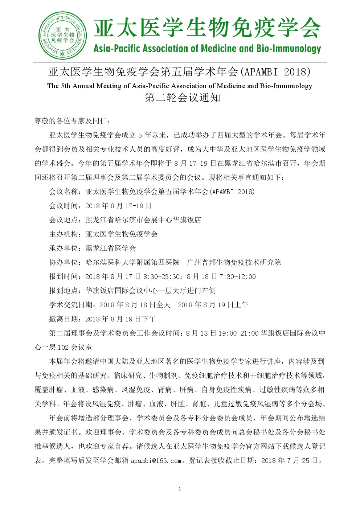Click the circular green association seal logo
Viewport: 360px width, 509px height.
click(62, 35)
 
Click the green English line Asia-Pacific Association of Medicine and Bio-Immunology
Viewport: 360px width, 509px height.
click(207, 49)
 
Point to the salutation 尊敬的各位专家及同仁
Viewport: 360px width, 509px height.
click(69, 121)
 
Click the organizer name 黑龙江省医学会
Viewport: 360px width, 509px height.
click(111, 248)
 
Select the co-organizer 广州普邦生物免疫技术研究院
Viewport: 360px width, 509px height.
click(234, 262)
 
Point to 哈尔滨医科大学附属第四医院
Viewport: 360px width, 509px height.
click(132, 262)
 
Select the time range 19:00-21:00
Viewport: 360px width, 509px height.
click(238, 333)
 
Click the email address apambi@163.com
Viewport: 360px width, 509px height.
click(156, 461)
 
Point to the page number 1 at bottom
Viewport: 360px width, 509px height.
click(180, 489)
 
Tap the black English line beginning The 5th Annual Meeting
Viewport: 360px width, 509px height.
click(180, 86)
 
